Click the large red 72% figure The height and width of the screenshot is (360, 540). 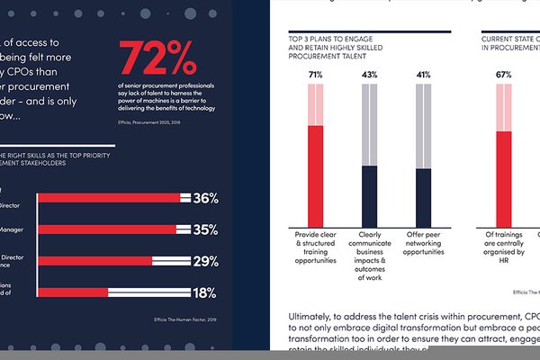157,59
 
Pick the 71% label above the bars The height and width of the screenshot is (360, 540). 315,75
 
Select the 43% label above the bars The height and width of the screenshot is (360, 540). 369,75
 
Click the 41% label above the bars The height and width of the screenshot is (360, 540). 423,75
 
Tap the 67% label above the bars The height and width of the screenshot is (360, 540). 504,75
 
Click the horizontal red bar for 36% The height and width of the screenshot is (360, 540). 108,198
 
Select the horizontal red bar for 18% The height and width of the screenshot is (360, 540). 72,292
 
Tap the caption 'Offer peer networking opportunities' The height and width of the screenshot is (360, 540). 423,244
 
